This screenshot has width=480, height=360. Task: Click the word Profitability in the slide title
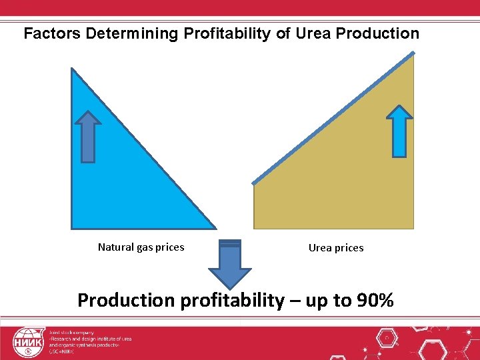[x=226, y=33]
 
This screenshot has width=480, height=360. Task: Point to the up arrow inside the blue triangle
[x=88, y=136]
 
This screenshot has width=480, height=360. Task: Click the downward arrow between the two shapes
[x=230, y=264]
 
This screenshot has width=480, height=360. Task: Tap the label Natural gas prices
[x=141, y=247]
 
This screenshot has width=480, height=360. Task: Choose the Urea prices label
[x=336, y=248]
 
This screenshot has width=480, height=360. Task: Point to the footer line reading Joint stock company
[x=71, y=332]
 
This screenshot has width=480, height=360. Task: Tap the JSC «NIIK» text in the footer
[x=61, y=351]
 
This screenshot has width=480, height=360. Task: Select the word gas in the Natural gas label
[x=147, y=247]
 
